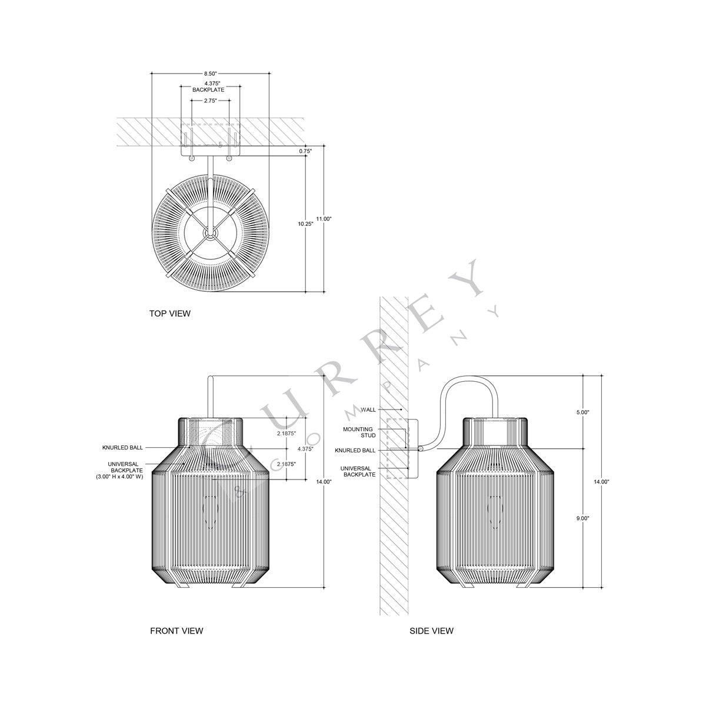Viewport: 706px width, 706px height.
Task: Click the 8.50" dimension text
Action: click(x=209, y=74)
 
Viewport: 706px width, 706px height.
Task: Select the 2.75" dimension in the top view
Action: click(x=209, y=101)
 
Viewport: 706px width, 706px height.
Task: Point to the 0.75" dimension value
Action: click(x=305, y=151)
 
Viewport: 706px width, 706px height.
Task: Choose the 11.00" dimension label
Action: click(x=324, y=219)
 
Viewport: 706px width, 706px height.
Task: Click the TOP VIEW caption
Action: click(x=170, y=314)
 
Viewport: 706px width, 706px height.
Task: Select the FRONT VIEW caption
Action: click(x=176, y=631)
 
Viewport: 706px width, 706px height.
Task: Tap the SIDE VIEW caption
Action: click(x=431, y=631)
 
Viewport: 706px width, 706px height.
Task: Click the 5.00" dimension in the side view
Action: click(x=582, y=412)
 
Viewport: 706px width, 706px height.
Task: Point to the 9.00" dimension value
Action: click(x=582, y=519)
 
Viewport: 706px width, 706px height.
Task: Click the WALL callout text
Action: click(x=368, y=409)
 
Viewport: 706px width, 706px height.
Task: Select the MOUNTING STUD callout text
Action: click(x=359, y=432)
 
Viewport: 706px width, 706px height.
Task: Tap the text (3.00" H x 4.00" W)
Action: click(x=120, y=477)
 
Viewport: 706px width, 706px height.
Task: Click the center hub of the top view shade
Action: click(x=208, y=234)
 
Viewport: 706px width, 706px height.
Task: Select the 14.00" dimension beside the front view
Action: click(x=324, y=482)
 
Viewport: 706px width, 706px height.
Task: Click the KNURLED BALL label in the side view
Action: click(x=355, y=450)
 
